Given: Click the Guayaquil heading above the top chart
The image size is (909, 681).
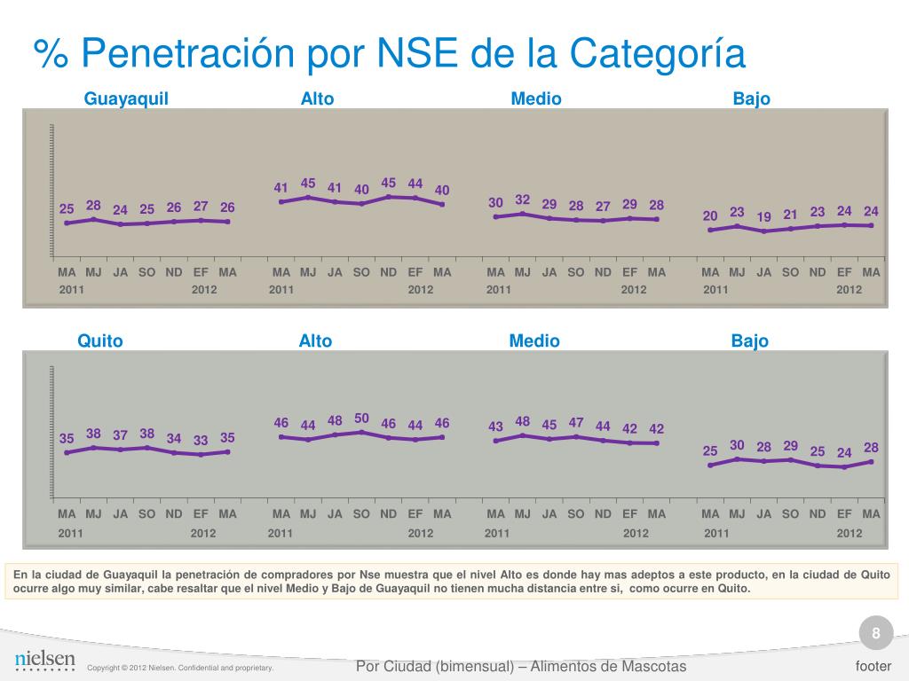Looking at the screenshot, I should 126,98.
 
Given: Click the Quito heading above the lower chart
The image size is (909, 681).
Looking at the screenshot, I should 100,340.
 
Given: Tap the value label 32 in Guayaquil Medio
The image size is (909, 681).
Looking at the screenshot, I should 523,200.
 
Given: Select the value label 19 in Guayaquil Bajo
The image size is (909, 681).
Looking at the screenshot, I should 763,216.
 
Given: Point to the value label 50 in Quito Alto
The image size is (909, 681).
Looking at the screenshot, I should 361,418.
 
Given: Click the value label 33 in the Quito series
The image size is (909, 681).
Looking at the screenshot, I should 201,440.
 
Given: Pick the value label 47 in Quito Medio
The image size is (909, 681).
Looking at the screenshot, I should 576,422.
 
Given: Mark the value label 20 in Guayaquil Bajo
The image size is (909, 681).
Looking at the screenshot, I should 710,215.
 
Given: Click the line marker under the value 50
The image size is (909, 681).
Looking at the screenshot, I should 361,433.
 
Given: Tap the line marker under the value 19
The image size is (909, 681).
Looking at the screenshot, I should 763,231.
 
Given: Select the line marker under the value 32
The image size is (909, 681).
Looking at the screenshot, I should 523,214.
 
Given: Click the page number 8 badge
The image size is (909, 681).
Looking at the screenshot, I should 876,633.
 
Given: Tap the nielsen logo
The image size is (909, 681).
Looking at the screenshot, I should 44,660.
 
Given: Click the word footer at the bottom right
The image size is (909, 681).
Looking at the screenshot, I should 873,666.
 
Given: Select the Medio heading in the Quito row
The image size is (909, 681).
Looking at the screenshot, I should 534,340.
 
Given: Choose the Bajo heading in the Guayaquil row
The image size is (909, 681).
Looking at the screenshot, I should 751,98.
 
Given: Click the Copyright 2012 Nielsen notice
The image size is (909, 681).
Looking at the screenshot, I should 180,668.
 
